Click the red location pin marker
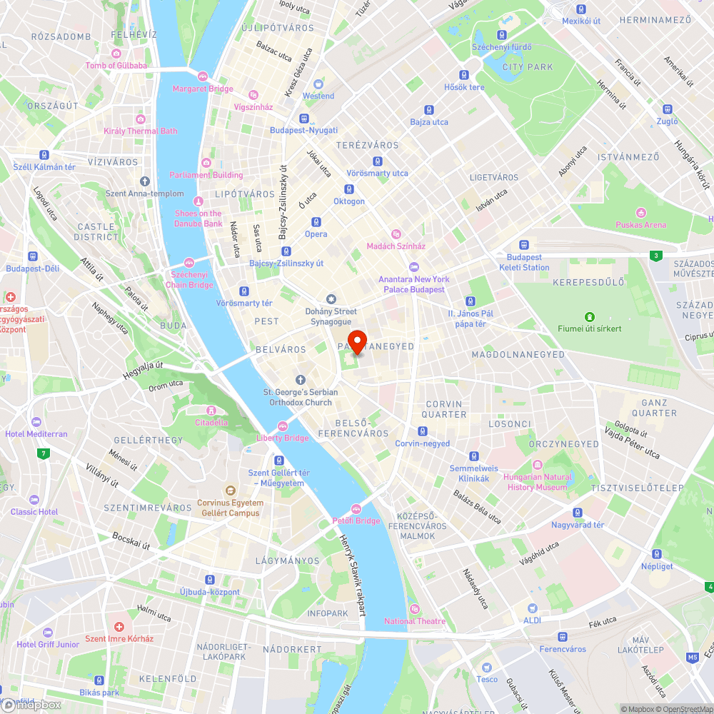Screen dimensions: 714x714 (356, 341)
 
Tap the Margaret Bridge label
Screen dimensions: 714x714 (202, 89)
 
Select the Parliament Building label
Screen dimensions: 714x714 (206, 175)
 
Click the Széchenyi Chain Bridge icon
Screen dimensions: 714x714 (189, 263)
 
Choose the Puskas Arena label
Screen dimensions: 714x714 (640, 225)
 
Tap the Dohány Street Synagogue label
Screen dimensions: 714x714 (331, 316)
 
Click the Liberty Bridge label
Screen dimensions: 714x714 (283, 438)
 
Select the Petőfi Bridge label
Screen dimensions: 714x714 (356, 521)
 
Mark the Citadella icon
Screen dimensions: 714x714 (211, 411)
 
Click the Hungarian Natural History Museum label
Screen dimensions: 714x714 (538, 482)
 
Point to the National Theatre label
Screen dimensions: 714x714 (415, 621)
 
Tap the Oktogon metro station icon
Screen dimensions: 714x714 (349, 189)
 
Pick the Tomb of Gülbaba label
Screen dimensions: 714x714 (116, 66)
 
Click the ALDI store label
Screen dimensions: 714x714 (532, 621)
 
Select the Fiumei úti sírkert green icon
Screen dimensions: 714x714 (590, 316)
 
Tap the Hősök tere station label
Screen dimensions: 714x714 (464, 87)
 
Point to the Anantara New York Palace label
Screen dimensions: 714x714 (413, 284)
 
